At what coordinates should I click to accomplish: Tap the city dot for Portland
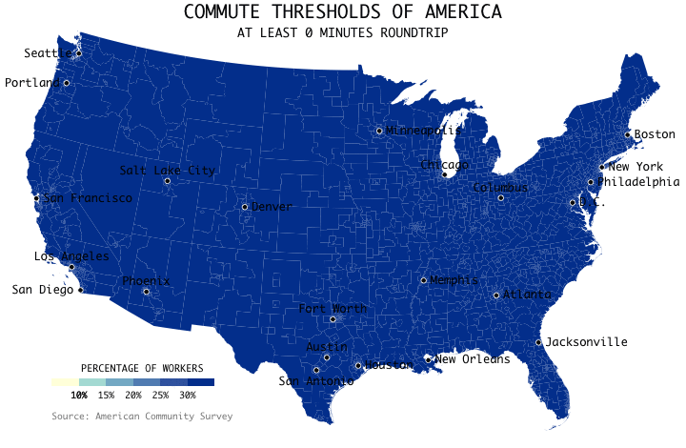coord(67,83)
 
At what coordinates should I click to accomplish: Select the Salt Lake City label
coord(168,171)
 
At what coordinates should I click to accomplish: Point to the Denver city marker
coord(245,207)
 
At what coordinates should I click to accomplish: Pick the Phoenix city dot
coord(147,292)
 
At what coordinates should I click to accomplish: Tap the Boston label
coord(655,134)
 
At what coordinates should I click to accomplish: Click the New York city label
coord(636,167)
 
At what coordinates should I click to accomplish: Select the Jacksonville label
coord(587,341)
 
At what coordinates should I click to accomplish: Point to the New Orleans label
coord(472,359)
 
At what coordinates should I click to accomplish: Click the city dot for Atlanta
coord(496,295)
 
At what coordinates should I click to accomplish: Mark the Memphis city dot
coord(423,280)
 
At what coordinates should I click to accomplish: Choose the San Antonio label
coord(315,381)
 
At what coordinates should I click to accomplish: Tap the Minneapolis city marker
coord(379,131)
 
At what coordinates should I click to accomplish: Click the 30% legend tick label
coord(188,395)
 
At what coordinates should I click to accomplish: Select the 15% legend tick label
coord(106,395)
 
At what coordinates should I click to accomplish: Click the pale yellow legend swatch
coord(65,382)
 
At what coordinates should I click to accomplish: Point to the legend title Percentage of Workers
coord(142,368)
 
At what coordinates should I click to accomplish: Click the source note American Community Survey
coord(142,417)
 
